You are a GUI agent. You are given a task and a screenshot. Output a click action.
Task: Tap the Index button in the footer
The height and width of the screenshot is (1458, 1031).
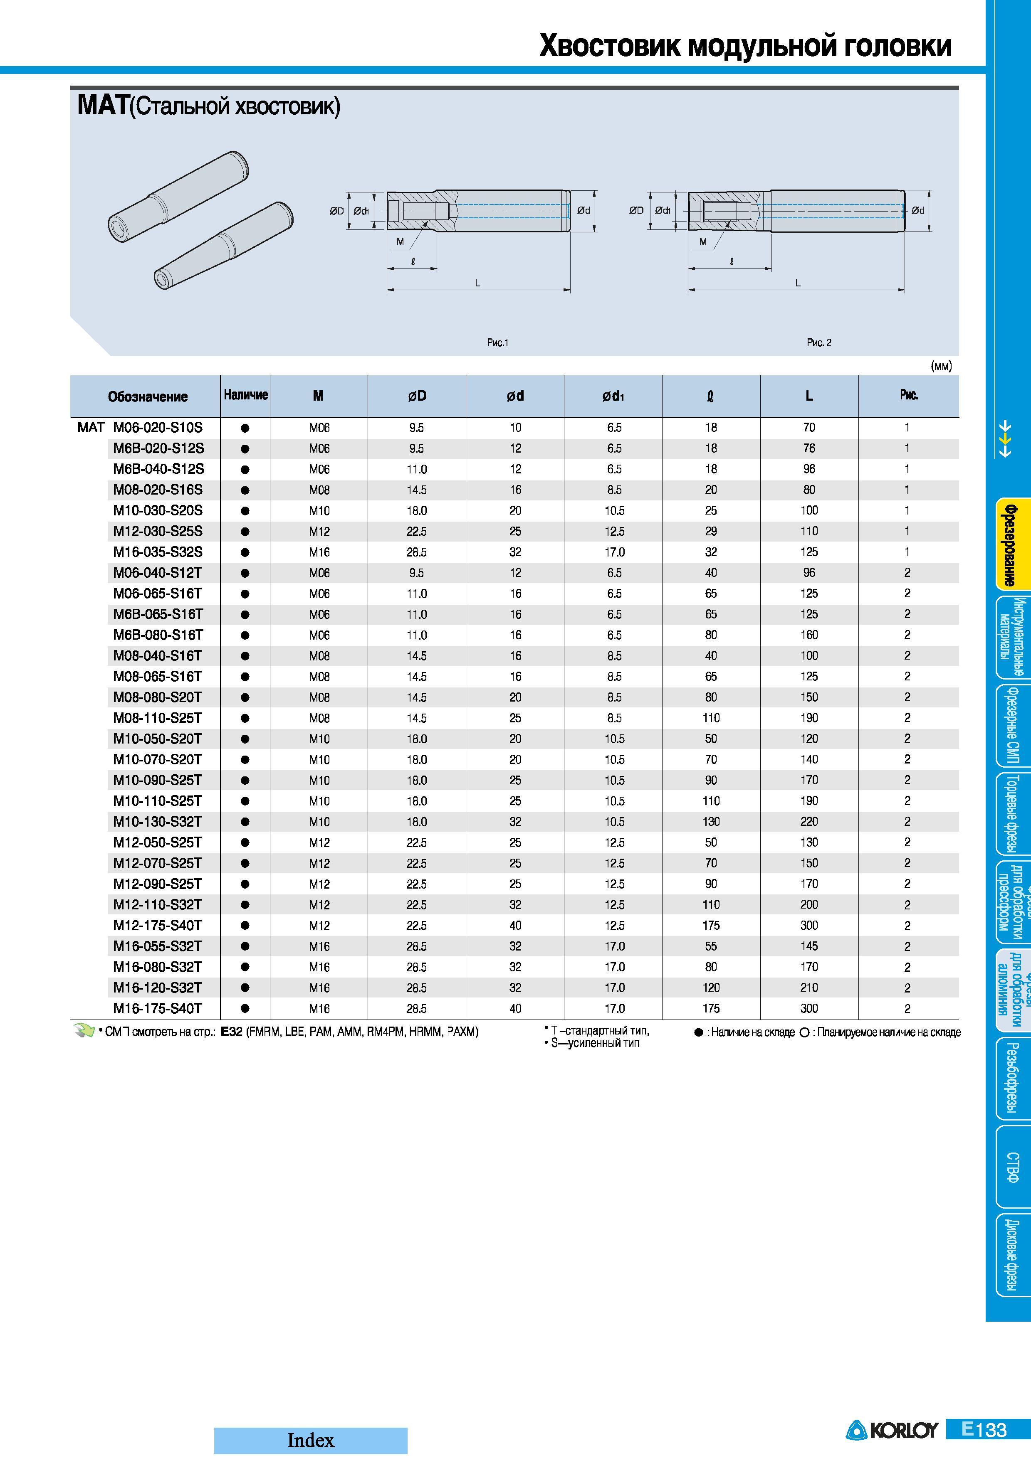coord(311,1440)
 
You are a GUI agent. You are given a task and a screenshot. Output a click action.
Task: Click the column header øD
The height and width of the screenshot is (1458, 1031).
coord(417,396)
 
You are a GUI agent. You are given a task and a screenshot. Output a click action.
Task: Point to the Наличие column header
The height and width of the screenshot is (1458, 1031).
coord(246,395)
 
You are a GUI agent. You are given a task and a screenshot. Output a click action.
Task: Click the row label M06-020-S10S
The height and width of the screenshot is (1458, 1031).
coord(158,427)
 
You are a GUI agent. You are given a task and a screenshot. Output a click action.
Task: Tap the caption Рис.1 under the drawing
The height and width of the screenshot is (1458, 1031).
coord(498,343)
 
